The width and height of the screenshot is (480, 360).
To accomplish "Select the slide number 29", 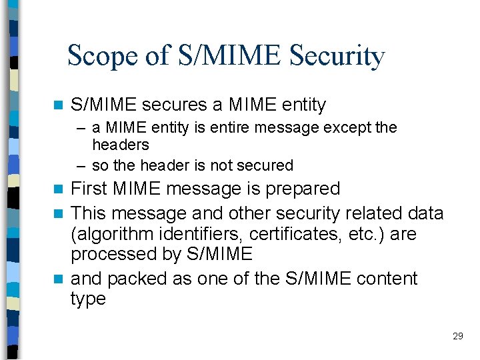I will pos(457,336).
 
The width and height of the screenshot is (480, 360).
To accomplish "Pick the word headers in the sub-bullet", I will pos(121,145).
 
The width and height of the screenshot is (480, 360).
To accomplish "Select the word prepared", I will pos(303,189).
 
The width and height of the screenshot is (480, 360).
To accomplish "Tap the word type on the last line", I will pos(88,299).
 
